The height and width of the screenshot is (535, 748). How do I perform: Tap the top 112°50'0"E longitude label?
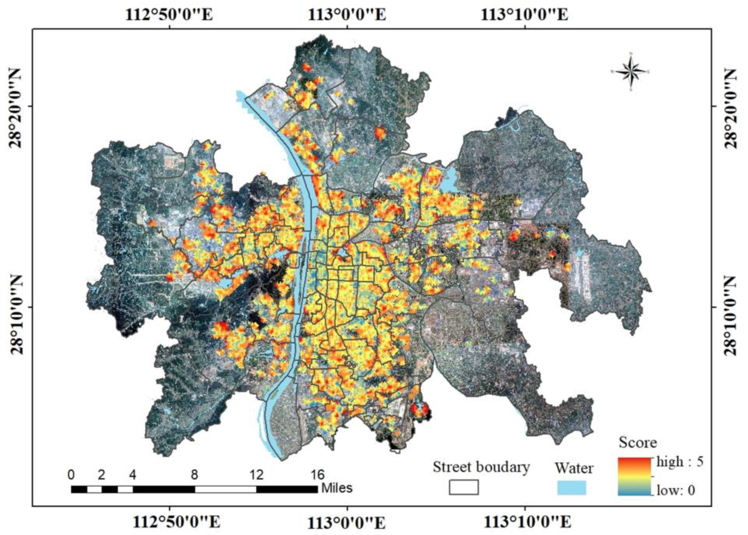(169, 15)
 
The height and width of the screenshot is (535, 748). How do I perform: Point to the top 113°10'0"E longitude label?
(524, 15)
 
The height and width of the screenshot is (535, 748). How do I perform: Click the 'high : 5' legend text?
(680, 462)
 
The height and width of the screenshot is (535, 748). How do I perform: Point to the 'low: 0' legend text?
(676, 490)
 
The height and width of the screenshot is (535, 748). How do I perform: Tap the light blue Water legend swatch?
(572, 487)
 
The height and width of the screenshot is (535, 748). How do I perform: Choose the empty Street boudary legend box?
(464, 487)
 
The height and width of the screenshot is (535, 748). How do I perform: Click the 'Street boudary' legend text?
(481, 467)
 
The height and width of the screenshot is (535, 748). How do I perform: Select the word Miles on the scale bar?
(337, 488)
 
